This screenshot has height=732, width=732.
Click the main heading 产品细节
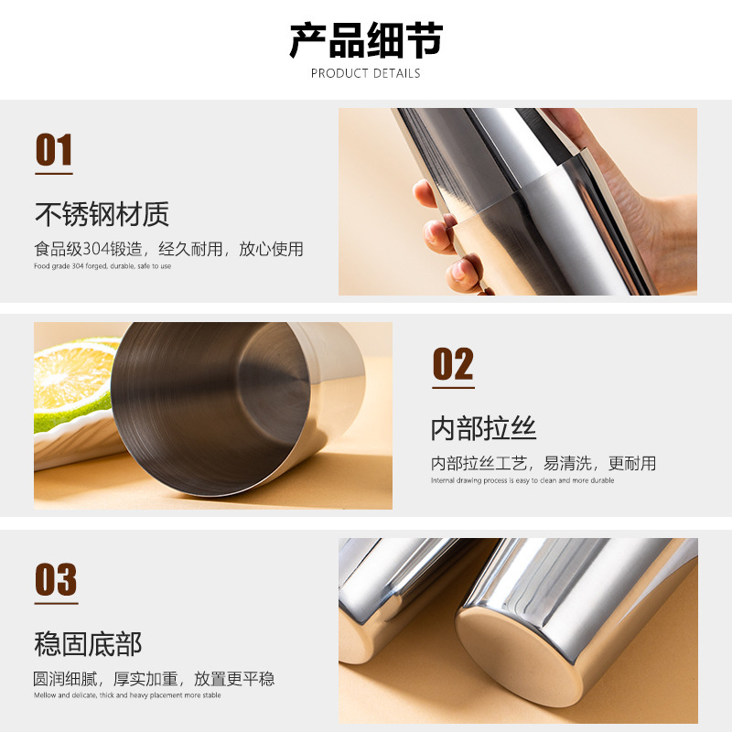pos(366,40)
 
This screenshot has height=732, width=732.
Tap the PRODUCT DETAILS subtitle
pos(365,73)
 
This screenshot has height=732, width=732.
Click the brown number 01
pos(54,149)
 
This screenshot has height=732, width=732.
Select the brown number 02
pos(453,363)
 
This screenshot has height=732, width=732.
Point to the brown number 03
pos(56,579)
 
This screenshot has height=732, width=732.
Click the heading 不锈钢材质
pos(102,214)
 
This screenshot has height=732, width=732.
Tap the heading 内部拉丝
pos(483,428)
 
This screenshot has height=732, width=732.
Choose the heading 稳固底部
pos(88,644)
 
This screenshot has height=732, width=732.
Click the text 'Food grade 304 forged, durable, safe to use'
pos(102,266)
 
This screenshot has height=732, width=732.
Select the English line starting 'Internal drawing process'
pos(522,480)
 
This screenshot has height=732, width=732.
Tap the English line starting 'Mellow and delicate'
pos(127,695)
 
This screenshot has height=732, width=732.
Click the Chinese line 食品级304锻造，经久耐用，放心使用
pos(168,249)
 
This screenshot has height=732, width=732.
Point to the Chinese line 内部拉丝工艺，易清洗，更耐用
pos(544,463)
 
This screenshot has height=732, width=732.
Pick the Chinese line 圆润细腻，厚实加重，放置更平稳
pos(154,678)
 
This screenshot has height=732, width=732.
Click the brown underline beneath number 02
pos(453,387)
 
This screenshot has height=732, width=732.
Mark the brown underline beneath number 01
pos(54,173)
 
